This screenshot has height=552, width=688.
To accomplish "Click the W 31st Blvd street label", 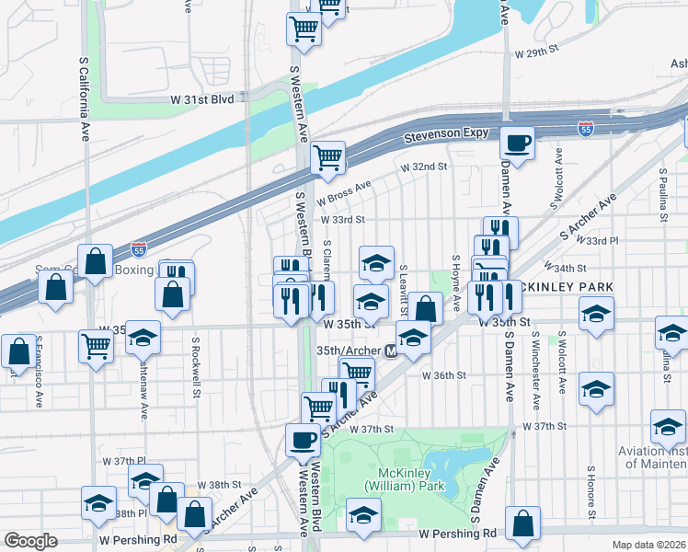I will click(x=201, y=98).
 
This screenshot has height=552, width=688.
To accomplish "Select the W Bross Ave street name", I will click(x=343, y=192).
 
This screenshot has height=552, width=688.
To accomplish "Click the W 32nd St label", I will click(x=423, y=167).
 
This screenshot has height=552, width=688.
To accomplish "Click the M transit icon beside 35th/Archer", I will click(x=391, y=351).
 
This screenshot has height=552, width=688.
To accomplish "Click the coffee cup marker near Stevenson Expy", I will click(x=517, y=143).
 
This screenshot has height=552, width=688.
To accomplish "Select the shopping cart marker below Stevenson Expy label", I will click(x=328, y=157).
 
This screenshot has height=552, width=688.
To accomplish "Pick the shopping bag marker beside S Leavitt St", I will click(x=425, y=308).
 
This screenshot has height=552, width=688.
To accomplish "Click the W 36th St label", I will click(x=444, y=375).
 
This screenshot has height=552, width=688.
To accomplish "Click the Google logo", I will click(x=31, y=541).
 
